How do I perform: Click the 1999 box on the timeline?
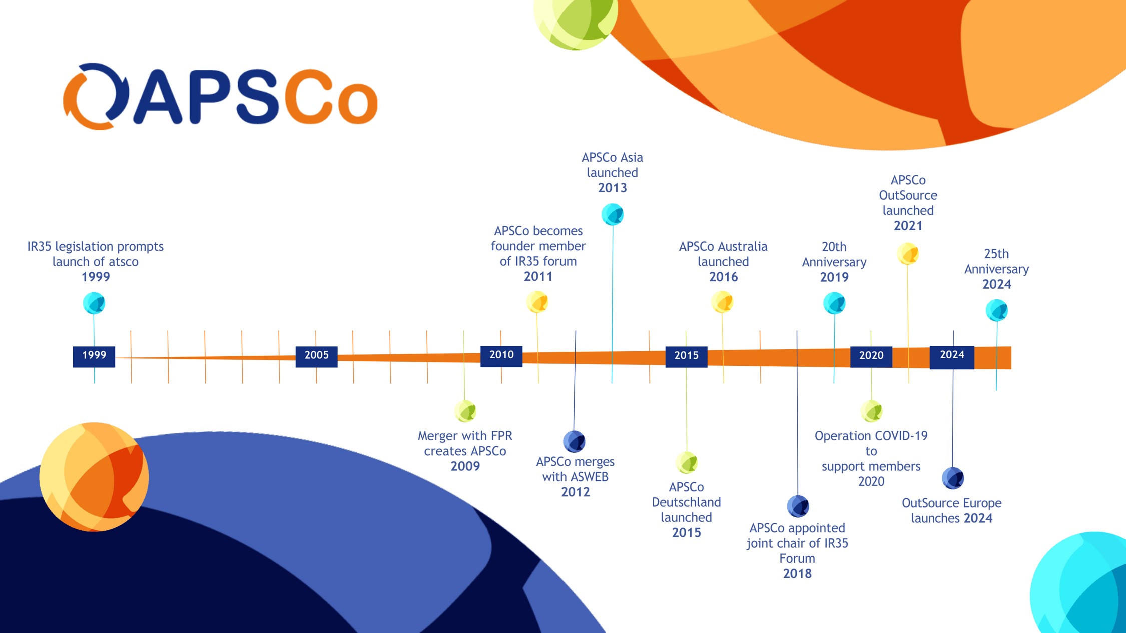tap(94, 356)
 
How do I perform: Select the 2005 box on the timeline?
tap(316, 356)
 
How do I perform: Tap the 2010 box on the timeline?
tap(501, 355)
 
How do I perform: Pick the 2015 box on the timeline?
tap(686, 356)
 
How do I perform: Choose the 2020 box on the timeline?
tap(871, 356)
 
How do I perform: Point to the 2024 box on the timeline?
tap(952, 356)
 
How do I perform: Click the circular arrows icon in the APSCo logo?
tap(96, 96)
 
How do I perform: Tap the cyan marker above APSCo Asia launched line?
tap(612, 214)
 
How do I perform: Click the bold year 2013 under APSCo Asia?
tap(612, 188)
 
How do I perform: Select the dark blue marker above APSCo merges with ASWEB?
tap(574, 441)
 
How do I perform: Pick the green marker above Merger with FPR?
tap(465, 411)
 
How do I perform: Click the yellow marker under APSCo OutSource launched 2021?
tap(908, 254)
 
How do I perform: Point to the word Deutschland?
tap(686, 502)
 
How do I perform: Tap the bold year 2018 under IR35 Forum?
tap(797, 574)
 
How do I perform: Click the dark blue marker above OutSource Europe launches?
tap(953, 478)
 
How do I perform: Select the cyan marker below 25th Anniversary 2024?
tap(996, 310)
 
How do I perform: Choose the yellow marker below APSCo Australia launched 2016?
tap(722, 302)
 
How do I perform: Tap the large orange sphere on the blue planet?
tap(94, 477)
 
